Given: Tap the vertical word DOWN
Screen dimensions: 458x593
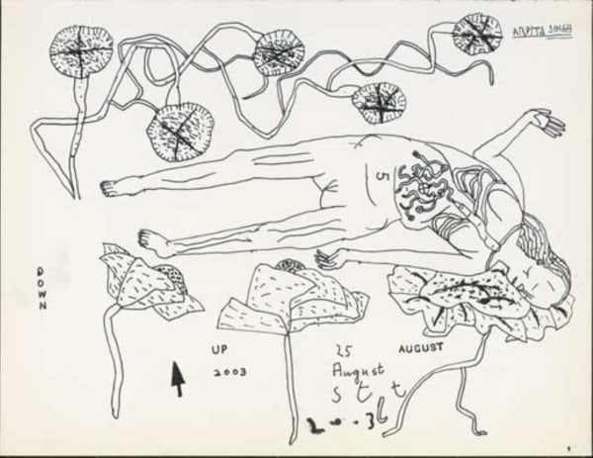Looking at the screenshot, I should [42, 288].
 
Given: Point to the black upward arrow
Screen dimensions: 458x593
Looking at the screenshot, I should [178, 377].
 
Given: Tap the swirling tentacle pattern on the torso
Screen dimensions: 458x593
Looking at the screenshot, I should [426, 182].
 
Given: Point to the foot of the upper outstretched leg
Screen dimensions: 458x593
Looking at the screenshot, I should [114, 188].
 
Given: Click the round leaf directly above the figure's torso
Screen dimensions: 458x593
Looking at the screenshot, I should [379, 102].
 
